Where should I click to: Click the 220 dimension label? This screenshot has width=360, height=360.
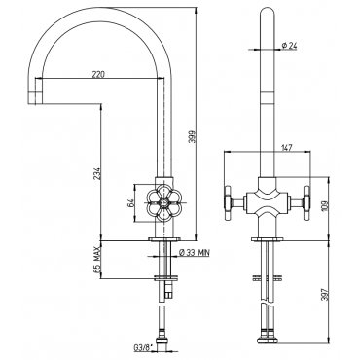click(98, 74)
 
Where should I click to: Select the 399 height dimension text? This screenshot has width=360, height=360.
click(193, 136)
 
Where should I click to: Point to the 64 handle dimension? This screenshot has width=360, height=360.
click(131, 203)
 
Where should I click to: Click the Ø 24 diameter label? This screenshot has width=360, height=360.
click(289, 46)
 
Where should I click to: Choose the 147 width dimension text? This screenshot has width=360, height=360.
click(286, 147)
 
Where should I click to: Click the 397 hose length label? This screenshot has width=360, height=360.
click(326, 294)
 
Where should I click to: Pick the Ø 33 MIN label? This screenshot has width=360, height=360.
click(195, 252)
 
